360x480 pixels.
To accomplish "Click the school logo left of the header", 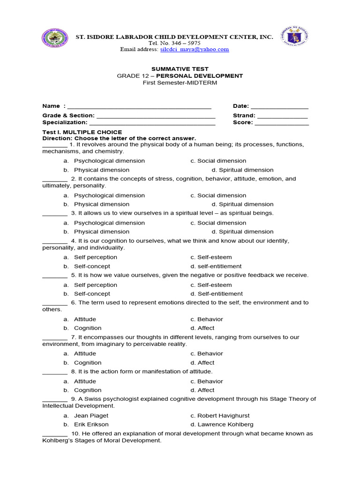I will (55, 38).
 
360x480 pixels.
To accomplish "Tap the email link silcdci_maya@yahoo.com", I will (194, 49).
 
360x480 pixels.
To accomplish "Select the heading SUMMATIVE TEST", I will (180, 69).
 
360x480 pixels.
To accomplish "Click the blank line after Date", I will (279, 106).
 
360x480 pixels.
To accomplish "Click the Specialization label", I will (65, 122).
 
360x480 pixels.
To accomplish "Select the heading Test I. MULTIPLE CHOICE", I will (82, 132).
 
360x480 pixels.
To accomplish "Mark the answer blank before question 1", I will (54, 145).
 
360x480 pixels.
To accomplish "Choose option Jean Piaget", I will (91, 416).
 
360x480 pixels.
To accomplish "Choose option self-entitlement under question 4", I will (219, 266).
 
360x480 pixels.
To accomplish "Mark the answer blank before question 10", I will (54, 434).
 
